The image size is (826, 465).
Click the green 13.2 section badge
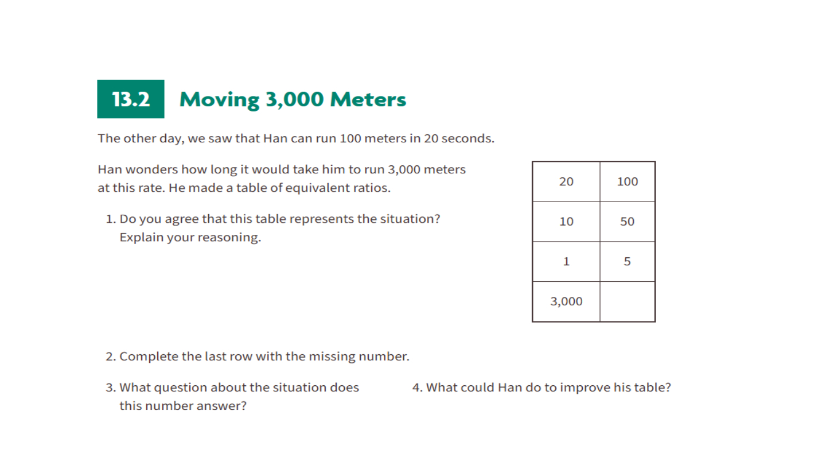[x=131, y=99]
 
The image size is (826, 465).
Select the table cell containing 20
[x=566, y=181]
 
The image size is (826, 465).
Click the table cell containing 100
[x=628, y=181]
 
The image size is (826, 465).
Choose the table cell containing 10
[x=566, y=222]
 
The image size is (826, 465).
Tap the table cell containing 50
[x=628, y=222]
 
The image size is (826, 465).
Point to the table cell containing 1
[x=566, y=262]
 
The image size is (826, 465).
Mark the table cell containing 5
[x=628, y=262]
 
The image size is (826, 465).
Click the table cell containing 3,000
[x=566, y=301]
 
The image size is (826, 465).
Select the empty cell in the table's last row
[x=628, y=301]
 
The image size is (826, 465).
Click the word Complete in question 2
[x=149, y=356]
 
